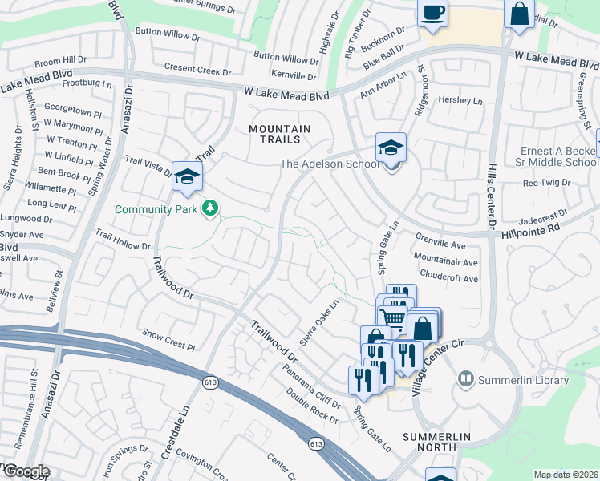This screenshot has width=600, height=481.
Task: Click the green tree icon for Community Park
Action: [x=210, y=208]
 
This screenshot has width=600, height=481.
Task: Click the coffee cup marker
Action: [x=433, y=14]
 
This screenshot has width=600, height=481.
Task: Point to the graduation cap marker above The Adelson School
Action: [x=391, y=148]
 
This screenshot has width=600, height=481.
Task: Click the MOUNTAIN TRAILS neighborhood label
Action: [x=279, y=134]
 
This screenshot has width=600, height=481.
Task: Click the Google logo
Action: [x=26, y=471]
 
